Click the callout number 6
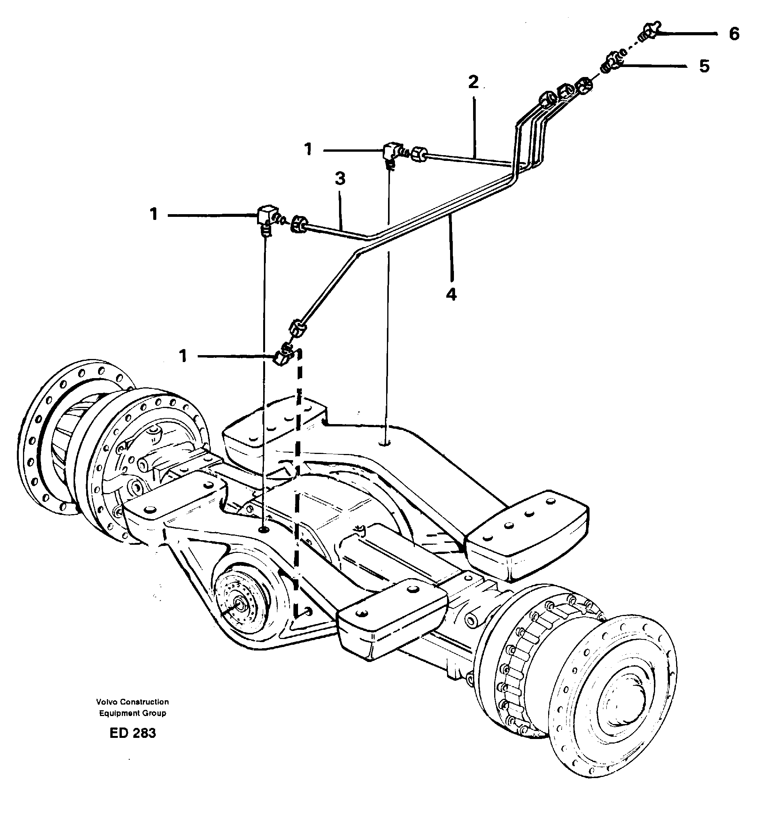tap(734, 34)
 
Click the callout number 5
tap(704, 66)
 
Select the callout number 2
tap(473, 82)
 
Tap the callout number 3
tap(340, 179)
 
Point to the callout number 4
tap(451, 295)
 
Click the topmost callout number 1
tap(308, 149)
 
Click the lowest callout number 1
tap(183, 356)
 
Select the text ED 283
tap(133, 733)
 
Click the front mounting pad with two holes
tap(391, 616)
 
